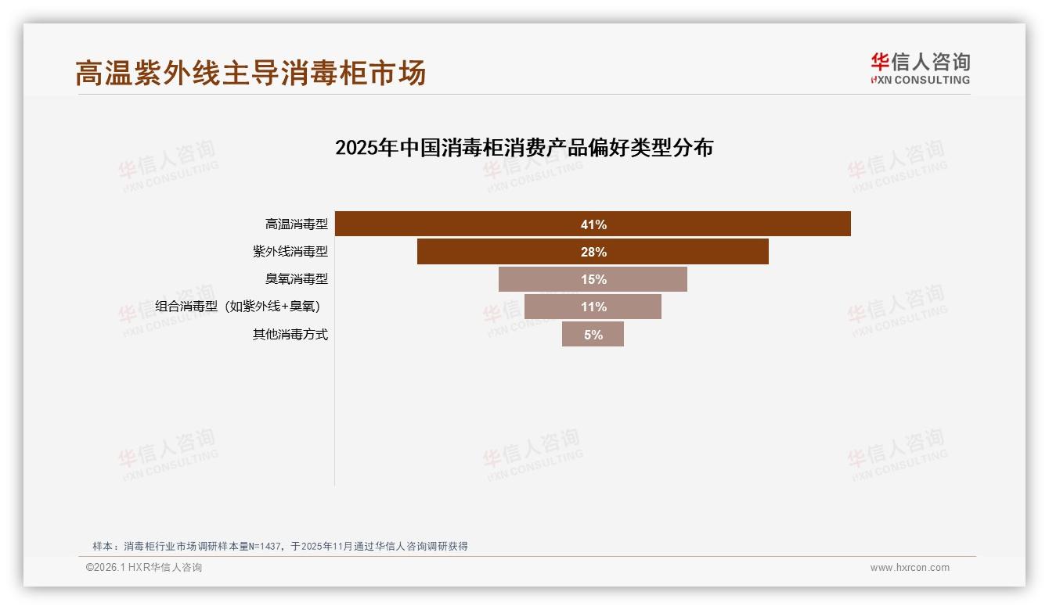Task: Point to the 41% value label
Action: coord(593,224)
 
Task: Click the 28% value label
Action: coord(593,252)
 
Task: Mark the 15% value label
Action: coord(593,279)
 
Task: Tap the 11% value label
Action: coord(593,307)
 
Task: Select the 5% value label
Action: coord(593,334)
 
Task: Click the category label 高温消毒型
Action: coord(297,224)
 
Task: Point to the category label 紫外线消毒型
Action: coord(290,252)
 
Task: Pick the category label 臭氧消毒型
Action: coord(297,279)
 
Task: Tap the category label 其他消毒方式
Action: coord(290,334)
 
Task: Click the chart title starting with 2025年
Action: coord(524,148)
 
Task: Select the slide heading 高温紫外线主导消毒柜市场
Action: coord(251,73)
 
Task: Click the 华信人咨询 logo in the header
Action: coord(920,68)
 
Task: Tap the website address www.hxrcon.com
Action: coord(910,568)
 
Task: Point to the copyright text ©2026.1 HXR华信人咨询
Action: coord(144,568)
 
